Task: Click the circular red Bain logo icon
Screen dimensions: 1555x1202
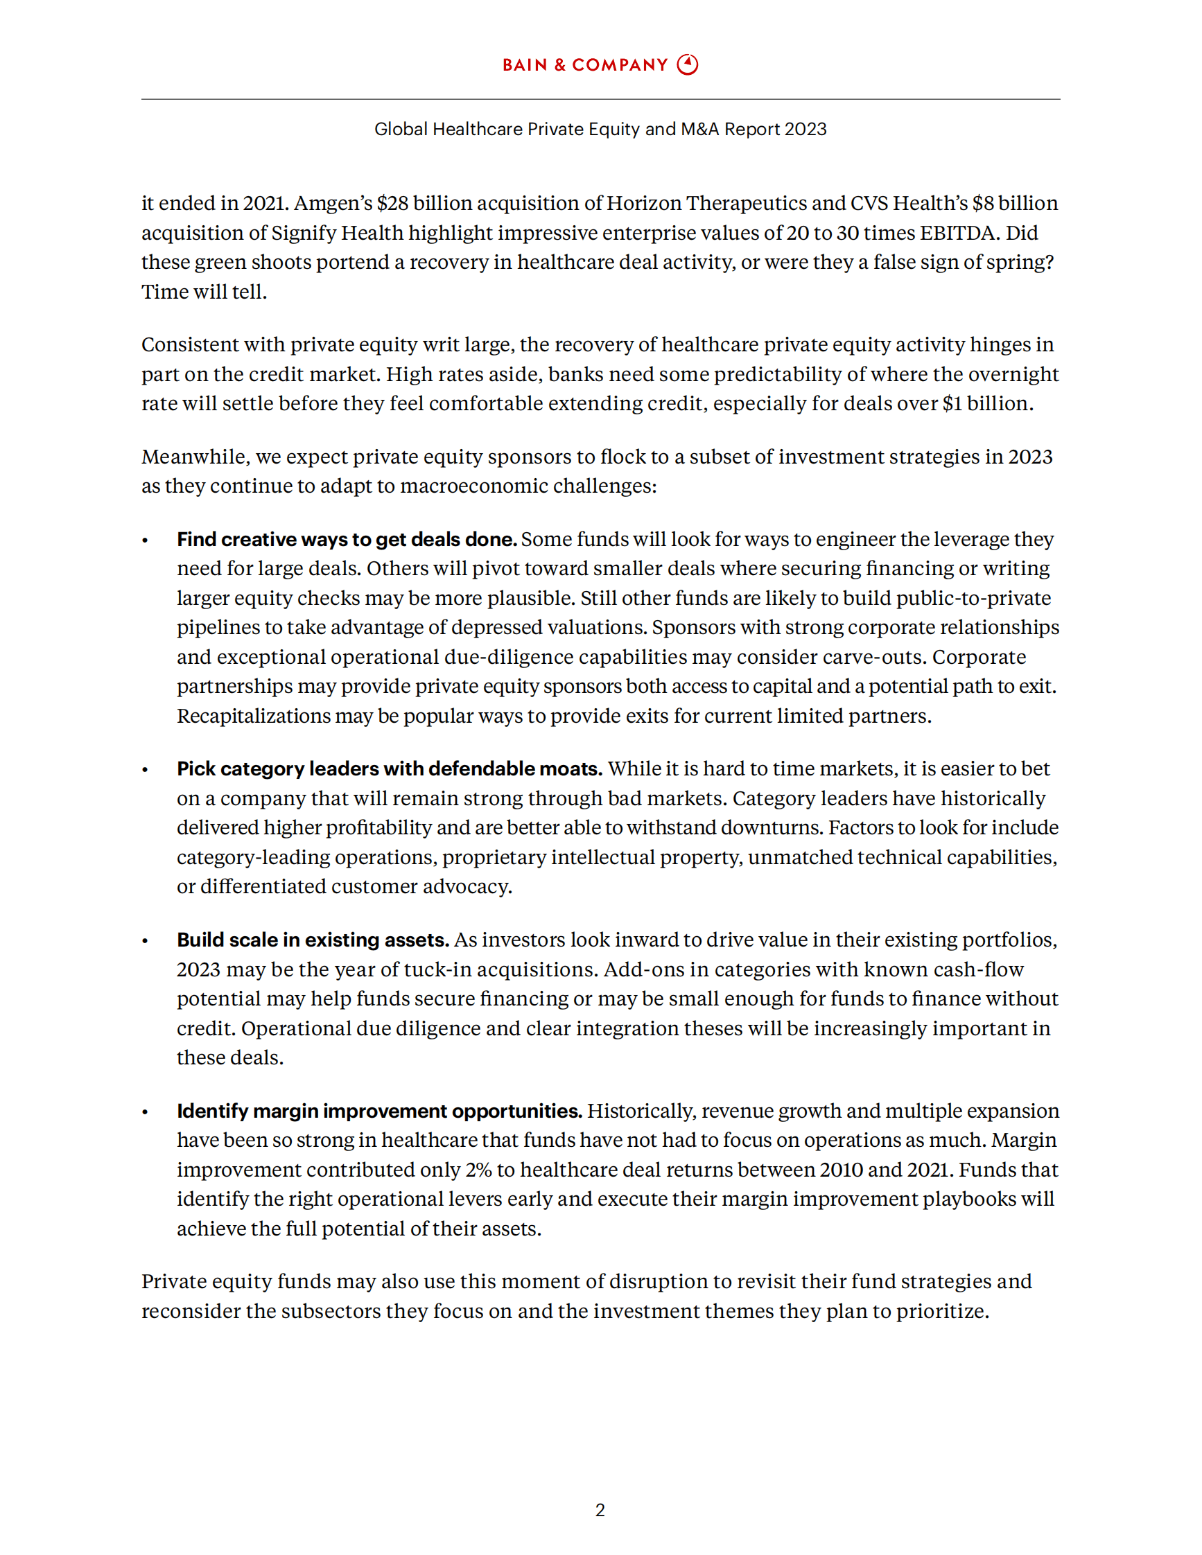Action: (x=687, y=65)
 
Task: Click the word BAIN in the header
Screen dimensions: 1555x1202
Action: (x=525, y=66)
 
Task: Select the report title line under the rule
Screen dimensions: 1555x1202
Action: (x=600, y=129)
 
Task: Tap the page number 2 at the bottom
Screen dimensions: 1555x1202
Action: (x=600, y=1509)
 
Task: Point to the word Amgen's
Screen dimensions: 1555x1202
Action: (x=333, y=204)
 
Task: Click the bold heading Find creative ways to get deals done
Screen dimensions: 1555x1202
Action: (x=347, y=539)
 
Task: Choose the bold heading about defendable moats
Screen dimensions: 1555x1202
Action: (x=390, y=769)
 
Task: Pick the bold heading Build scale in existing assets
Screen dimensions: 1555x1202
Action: (x=313, y=940)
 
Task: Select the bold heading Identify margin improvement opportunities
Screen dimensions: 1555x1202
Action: (x=380, y=1111)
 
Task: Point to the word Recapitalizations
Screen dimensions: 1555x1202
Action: (x=254, y=716)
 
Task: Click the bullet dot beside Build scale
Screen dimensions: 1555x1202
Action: (x=146, y=941)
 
